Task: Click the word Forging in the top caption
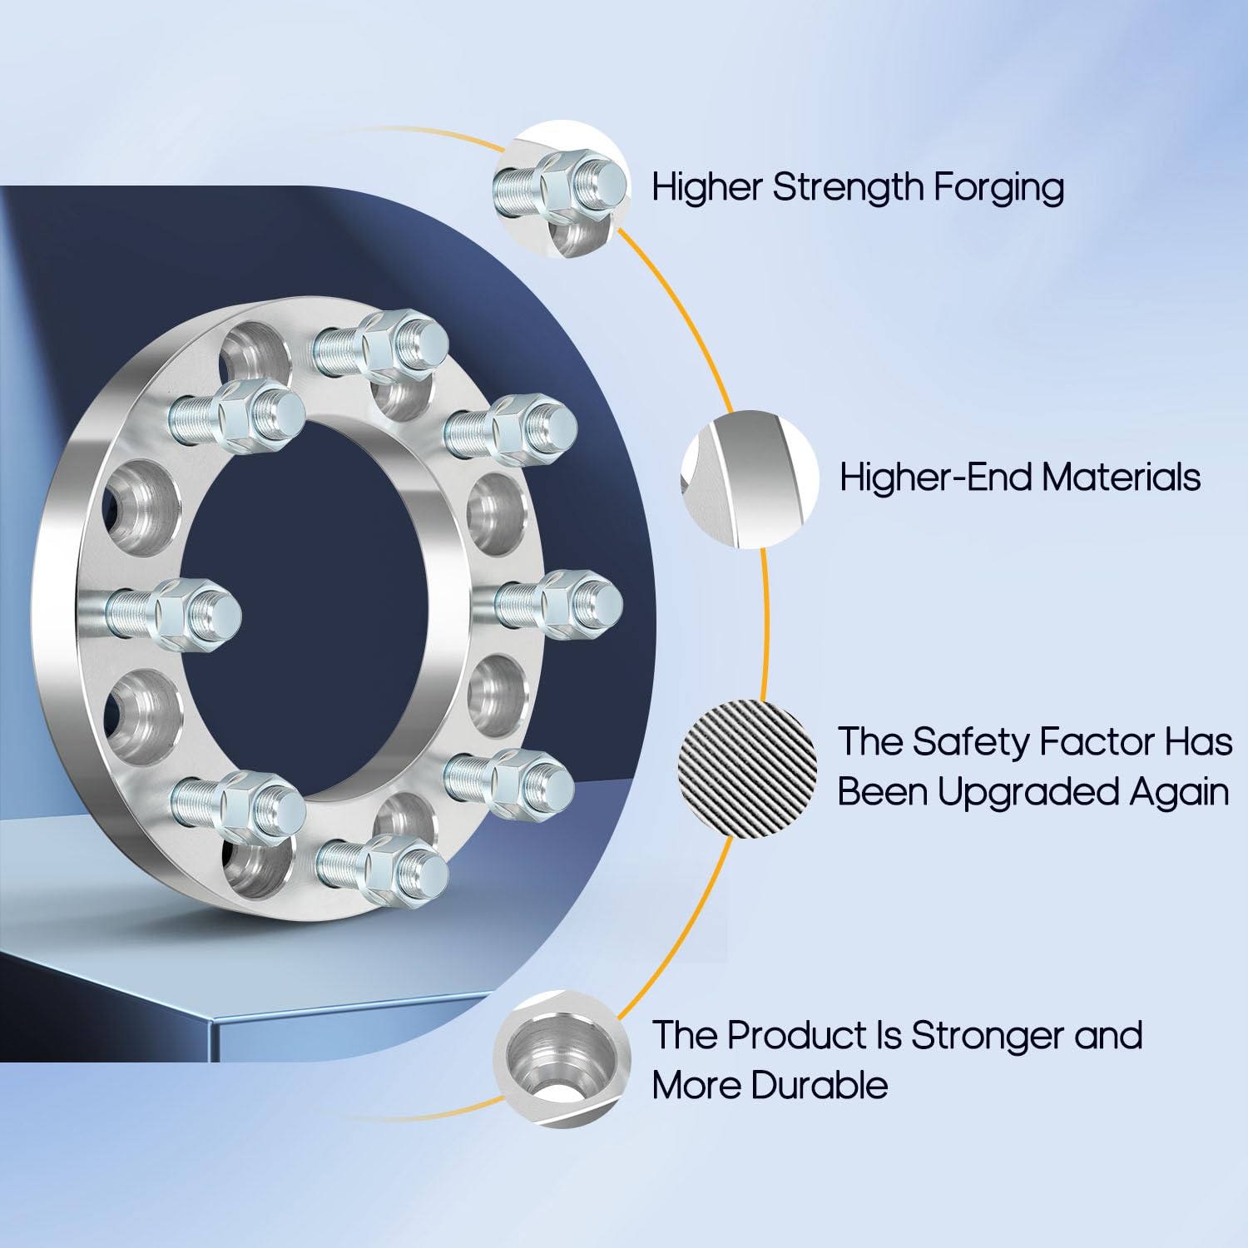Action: (x=998, y=188)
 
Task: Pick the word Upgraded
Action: (x=1028, y=791)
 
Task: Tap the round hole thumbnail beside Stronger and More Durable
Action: (x=562, y=1059)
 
